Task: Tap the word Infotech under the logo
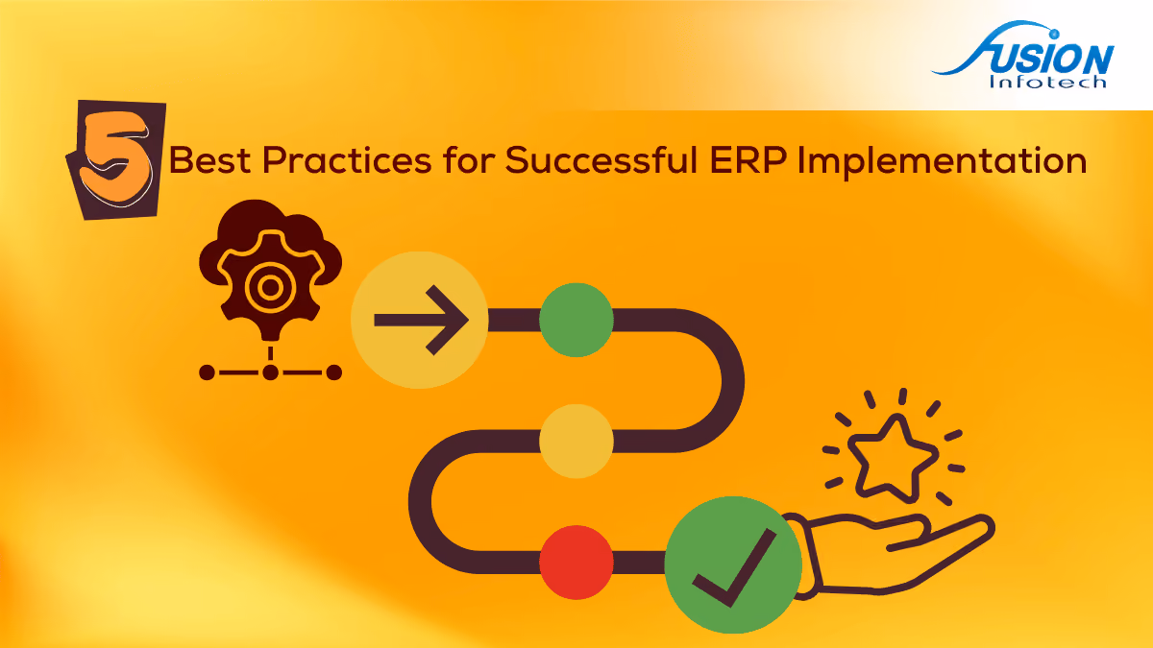point(1048,83)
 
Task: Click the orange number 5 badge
point(116,160)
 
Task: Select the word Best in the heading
point(209,160)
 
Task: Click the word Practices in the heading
point(347,160)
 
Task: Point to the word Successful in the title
point(601,160)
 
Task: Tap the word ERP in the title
point(748,160)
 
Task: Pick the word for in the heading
point(468,160)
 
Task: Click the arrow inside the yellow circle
point(421,320)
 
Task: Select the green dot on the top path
point(576,320)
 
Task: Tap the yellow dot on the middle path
point(576,442)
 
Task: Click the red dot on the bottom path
point(576,563)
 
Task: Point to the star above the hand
point(892,458)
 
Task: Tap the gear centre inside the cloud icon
point(270,287)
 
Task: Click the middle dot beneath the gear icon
point(270,372)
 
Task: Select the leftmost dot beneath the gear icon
point(207,372)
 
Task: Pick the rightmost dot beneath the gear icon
point(334,372)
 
